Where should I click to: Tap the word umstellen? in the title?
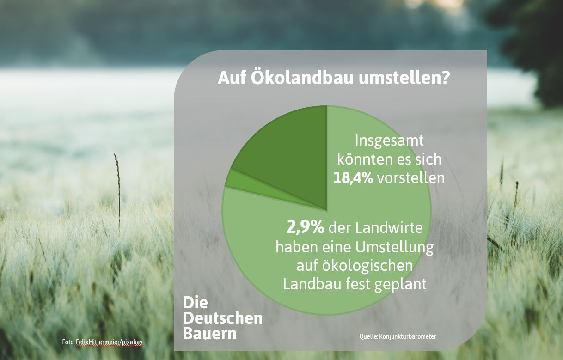404,78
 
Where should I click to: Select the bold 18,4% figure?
353,178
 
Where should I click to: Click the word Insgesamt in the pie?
389,141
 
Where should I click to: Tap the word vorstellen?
410,178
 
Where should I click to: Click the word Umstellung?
394,247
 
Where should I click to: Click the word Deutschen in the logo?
223,318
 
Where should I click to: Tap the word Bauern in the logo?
209,333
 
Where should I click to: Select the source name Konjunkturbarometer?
408,336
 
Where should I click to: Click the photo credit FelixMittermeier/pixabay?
110,342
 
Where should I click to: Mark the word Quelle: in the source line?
368,336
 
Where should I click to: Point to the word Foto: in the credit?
68,342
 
